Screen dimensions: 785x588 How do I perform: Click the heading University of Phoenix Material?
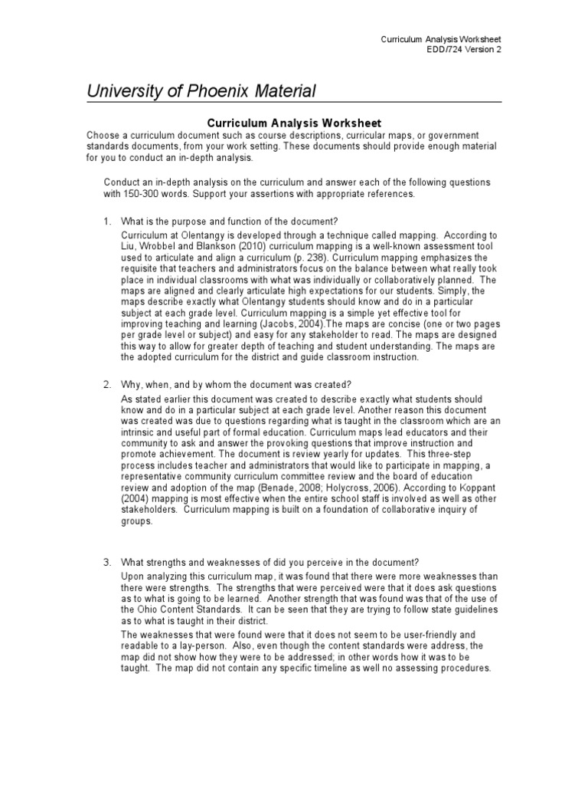tap(201, 91)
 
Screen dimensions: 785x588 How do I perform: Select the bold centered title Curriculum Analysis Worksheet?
tap(294, 123)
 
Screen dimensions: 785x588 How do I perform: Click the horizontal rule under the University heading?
tap(294, 102)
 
